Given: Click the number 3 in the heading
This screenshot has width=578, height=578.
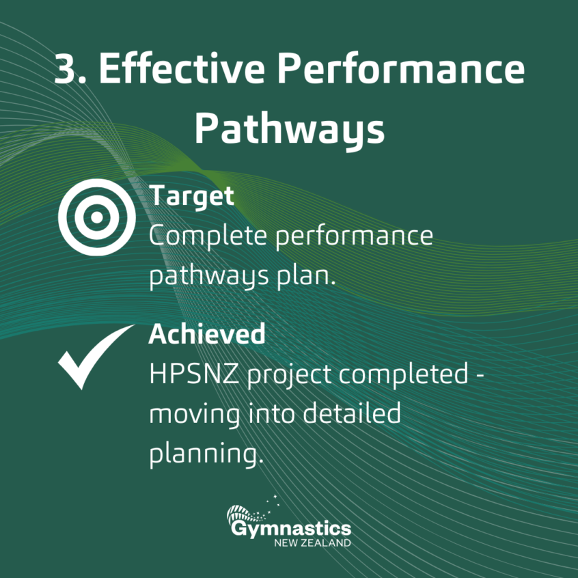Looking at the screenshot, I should (x=66, y=70).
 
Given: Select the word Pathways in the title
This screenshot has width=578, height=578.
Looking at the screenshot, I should (x=289, y=128).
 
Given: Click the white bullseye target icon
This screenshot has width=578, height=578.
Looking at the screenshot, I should (x=96, y=217).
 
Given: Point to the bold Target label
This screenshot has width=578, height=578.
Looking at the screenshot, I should (x=191, y=196).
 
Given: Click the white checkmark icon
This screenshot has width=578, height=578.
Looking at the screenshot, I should (x=94, y=356).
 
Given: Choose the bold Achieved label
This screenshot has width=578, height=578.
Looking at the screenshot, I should (x=207, y=334).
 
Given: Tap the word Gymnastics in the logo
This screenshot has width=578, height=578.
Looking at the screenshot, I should (x=290, y=529).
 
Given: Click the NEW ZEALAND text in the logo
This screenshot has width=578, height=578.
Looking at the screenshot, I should (x=312, y=543).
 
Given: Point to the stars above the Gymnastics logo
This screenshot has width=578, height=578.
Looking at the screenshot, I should (x=274, y=501).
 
